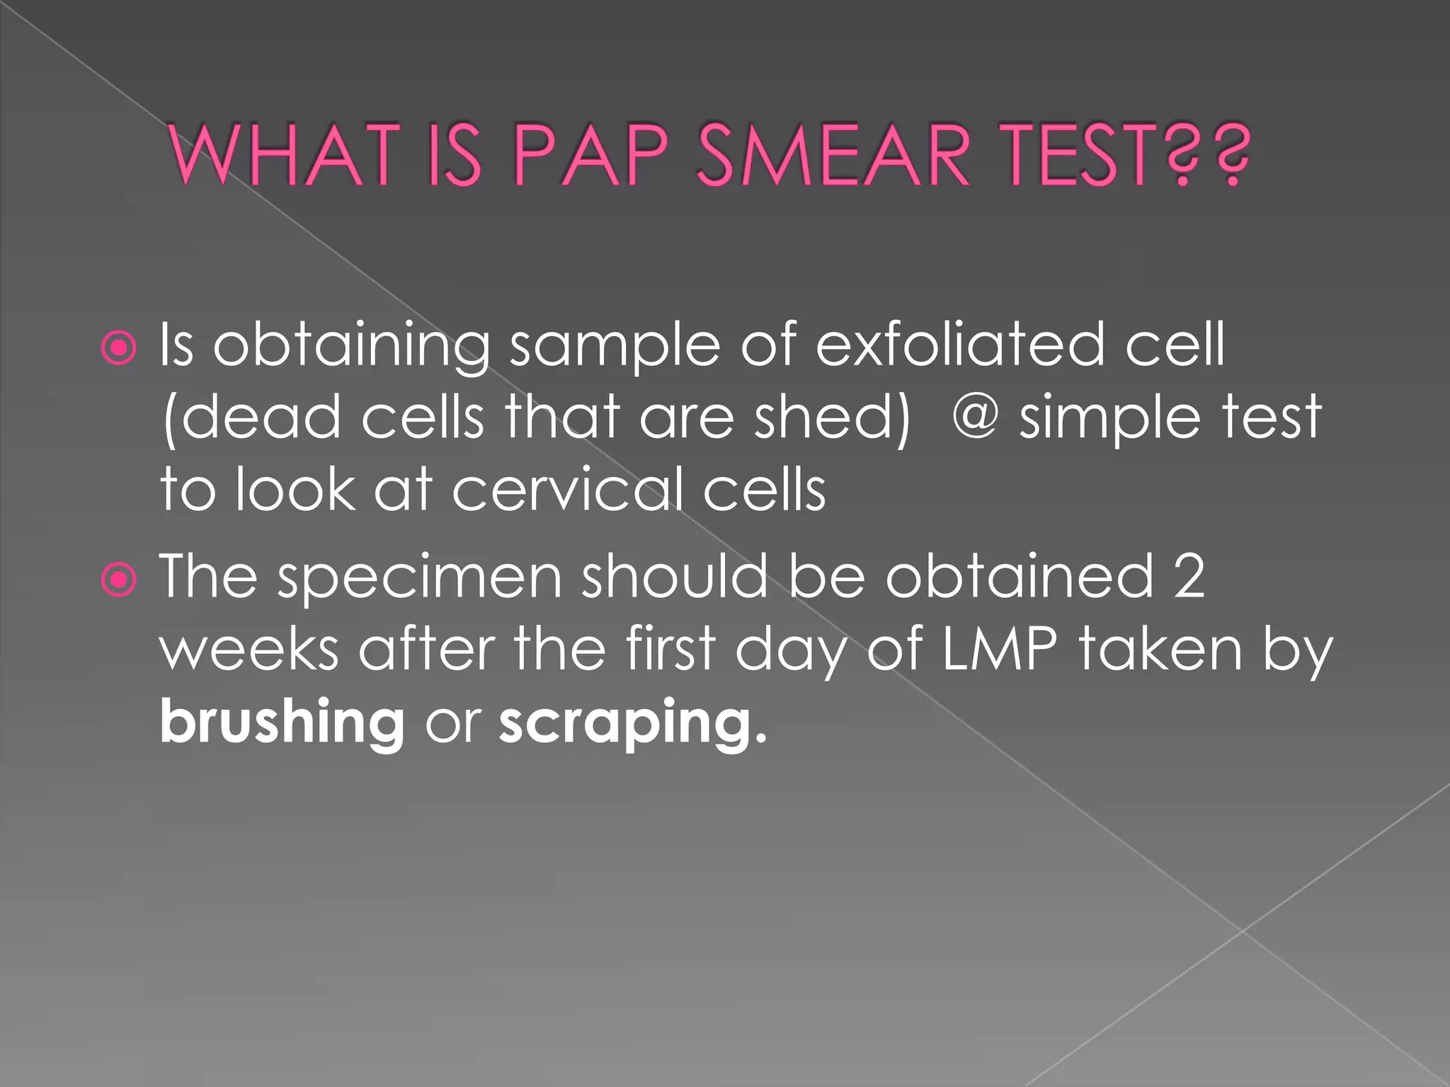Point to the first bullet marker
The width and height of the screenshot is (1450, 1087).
point(119,348)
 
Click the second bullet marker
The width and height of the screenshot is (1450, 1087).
point(119,580)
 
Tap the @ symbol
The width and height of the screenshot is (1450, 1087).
point(975,417)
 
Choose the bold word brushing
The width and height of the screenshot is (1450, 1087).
point(282,723)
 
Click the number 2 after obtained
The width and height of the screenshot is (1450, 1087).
point(1189,577)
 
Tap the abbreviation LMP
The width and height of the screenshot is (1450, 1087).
point(999,649)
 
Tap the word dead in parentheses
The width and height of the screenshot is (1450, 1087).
point(261,417)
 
